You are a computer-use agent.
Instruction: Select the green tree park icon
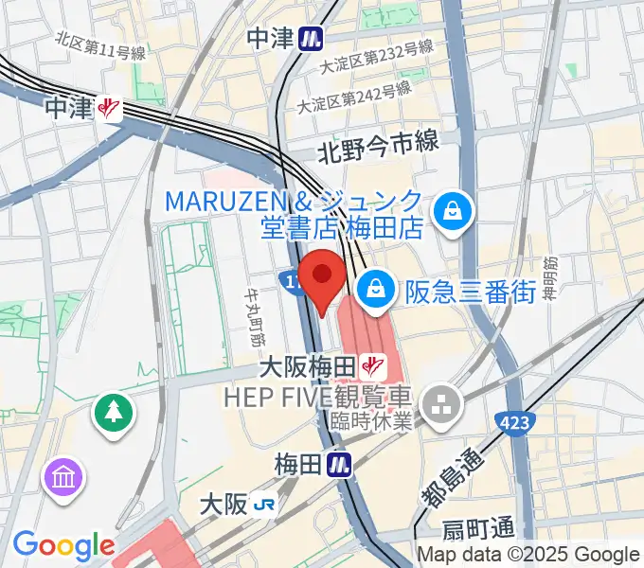pos(113,411)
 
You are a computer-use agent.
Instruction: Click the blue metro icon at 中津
pos(309,38)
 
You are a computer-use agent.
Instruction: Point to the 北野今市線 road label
pos(378,144)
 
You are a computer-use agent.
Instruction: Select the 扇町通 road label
pos(478,528)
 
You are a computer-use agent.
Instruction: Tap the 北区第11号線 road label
pos(100,45)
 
